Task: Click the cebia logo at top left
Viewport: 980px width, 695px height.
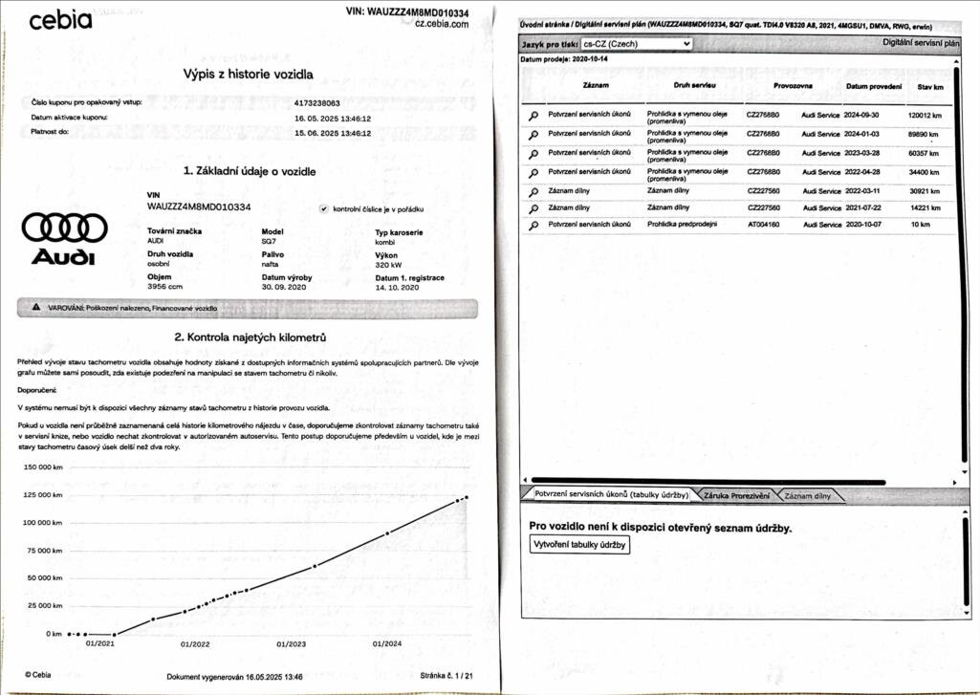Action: coord(60,20)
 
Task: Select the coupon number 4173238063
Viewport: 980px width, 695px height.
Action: coord(317,101)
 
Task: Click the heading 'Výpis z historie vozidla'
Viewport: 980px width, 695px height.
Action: coord(248,74)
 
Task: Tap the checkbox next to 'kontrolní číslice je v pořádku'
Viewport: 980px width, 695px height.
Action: coord(323,207)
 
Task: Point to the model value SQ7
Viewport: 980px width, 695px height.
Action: coord(269,241)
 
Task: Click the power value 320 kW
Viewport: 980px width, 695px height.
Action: coord(388,265)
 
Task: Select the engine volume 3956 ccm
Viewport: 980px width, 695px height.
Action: coord(165,286)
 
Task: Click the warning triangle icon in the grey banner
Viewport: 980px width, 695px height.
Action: coord(35,308)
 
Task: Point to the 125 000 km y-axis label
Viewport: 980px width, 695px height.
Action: coord(41,495)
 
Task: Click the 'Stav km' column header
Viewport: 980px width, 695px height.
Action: coord(929,87)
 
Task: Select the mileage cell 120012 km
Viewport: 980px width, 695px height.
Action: coord(924,115)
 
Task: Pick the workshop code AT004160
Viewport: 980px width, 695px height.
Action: coord(762,225)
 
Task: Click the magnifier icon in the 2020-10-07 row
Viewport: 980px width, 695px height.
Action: coord(534,225)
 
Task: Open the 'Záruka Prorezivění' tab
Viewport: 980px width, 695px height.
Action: coord(736,495)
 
